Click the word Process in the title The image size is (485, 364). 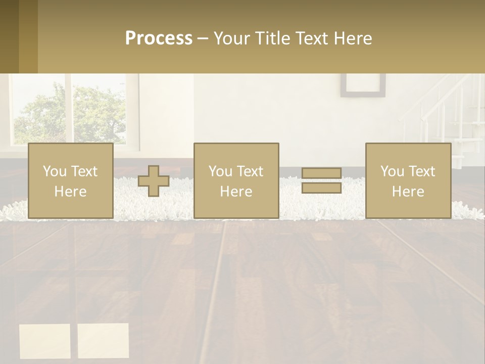pyautogui.click(x=159, y=38)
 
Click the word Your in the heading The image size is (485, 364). pyautogui.click(x=232, y=38)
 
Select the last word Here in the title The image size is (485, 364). pyautogui.click(x=353, y=38)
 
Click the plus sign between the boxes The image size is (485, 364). pyautogui.click(x=154, y=181)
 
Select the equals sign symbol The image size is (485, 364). pyautogui.click(x=321, y=181)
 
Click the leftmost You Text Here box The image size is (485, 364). pyautogui.click(x=70, y=181)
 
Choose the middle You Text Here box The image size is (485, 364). pyautogui.click(x=236, y=181)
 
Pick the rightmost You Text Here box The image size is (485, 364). pyautogui.click(x=408, y=181)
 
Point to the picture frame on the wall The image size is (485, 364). pyautogui.click(x=362, y=85)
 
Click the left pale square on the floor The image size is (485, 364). pyautogui.click(x=44, y=341)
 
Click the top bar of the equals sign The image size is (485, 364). pyautogui.click(x=321, y=173)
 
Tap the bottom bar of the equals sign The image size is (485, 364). pyautogui.click(x=321, y=188)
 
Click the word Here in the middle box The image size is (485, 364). pyautogui.click(x=236, y=192)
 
